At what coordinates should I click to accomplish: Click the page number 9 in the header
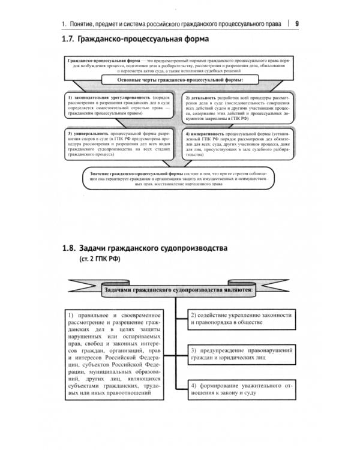point(298,23)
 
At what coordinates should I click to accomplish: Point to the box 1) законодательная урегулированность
point(118,106)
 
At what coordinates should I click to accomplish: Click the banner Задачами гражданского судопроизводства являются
point(178,290)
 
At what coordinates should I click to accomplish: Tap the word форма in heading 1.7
point(194,41)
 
